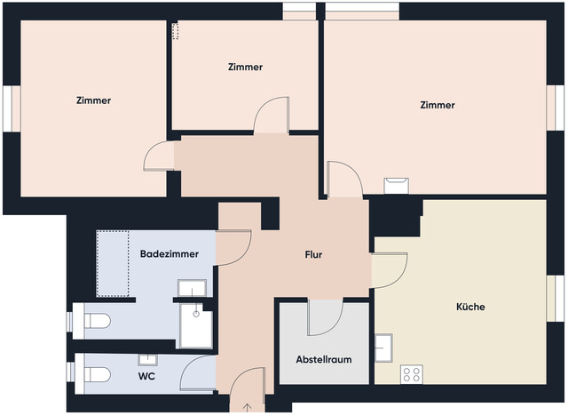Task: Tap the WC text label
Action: click(x=147, y=376)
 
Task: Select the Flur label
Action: click(x=312, y=255)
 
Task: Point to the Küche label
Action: click(x=470, y=307)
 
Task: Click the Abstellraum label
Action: click(x=324, y=360)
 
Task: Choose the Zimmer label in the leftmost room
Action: click(x=93, y=100)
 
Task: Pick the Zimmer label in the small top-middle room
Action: click(x=245, y=68)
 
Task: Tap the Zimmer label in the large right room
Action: click(x=438, y=105)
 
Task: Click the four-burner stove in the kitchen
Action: click(x=411, y=374)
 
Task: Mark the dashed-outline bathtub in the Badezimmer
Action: click(x=114, y=264)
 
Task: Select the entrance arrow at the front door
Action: click(x=247, y=407)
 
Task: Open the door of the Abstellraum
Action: click(x=325, y=318)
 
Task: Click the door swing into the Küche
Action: click(x=389, y=270)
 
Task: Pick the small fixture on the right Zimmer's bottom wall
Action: click(x=396, y=185)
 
